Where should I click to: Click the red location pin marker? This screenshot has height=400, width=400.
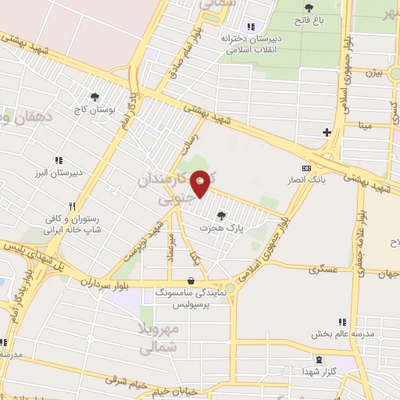click(201, 183)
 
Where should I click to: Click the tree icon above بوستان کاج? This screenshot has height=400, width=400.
click(95, 98)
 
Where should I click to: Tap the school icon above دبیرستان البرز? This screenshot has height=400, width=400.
click(59, 161)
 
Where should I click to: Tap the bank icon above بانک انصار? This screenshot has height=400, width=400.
click(306, 167)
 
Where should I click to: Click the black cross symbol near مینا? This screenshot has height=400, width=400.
click(327, 132)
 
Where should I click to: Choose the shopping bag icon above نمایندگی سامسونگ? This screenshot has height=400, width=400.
click(191, 280)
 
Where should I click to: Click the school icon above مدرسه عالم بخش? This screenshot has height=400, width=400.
click(341, 322)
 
